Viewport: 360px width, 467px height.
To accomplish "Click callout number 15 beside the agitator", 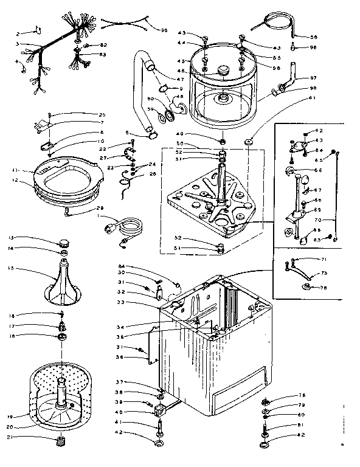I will tap(11, 268).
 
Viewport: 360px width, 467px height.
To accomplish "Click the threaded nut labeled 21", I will tap(60, 441).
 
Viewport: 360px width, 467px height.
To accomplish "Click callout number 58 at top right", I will tap(313, 36).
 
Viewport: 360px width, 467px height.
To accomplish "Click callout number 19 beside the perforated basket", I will tap(11, 417).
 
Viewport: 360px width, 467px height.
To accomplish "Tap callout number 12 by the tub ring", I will tap(11, 181).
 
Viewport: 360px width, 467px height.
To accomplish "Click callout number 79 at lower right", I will tap(301, 404).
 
